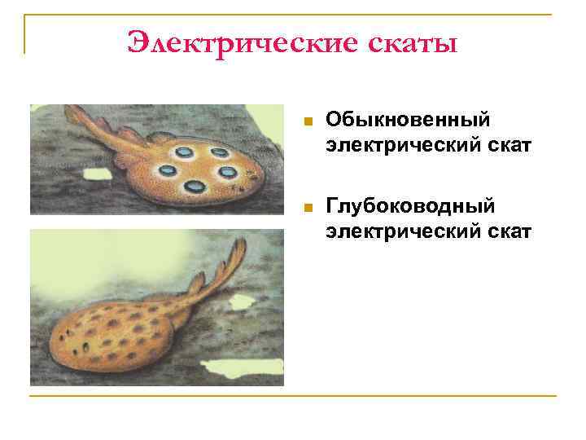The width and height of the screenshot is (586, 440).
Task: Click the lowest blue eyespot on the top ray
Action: coord(195,187)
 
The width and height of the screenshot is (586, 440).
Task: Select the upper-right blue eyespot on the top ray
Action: coord(219,152)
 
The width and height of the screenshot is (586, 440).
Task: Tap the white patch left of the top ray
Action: coord(97,174)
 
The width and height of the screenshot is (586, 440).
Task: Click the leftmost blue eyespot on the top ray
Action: coord(167,169)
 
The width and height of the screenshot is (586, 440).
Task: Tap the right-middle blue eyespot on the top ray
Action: coord(228,172)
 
